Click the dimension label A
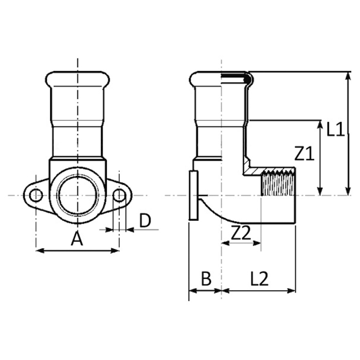pyautogui.click(x=77, y=238)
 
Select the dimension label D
pyautogui.click(x=145, y=221)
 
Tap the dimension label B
pyautogui.click(x=205, y=279)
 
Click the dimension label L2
pyautogui.click(x=260, y=279)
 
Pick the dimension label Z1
pyautogui.click(x=304, y=155)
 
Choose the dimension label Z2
pyautogui.click(x=241, y=233)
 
